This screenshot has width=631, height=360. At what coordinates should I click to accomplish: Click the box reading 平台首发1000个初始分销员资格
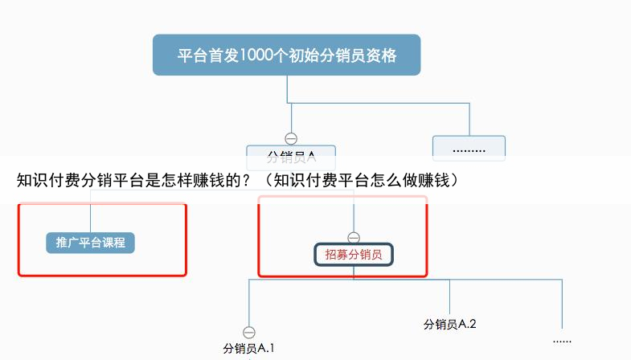tap(286, 55)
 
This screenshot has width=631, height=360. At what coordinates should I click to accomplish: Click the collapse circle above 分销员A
tap(291, 138)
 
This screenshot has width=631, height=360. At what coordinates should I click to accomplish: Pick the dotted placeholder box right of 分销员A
tap(469, 148)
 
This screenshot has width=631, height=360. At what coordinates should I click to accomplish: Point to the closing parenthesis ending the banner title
tap(457, 180)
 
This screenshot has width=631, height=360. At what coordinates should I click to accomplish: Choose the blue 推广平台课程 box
tap(90, 242)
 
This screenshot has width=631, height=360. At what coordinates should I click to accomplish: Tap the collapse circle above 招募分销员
tap(354, 238)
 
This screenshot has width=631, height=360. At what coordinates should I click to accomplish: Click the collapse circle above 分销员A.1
tap(249, 333)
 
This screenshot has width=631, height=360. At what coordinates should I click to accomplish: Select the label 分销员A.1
tap(249, 349)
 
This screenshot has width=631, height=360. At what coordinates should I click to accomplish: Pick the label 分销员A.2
tap(450, 324)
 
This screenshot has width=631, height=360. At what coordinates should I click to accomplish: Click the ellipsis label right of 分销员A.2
tap(562, 341)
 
